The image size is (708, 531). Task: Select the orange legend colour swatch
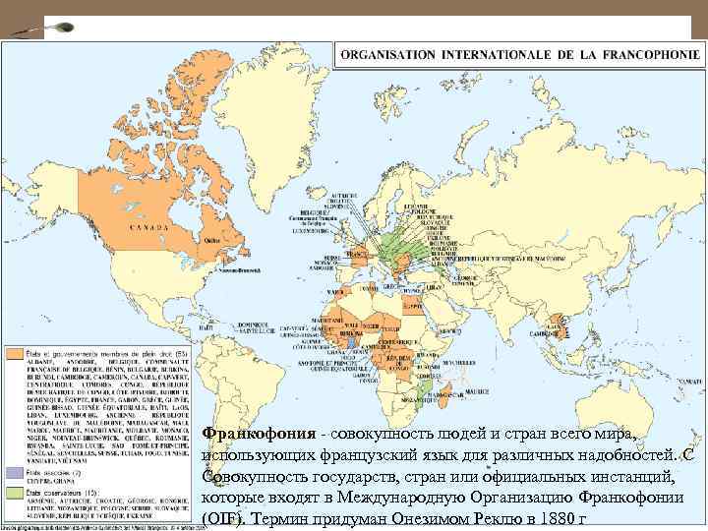17,351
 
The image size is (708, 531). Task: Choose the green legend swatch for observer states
17,489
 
